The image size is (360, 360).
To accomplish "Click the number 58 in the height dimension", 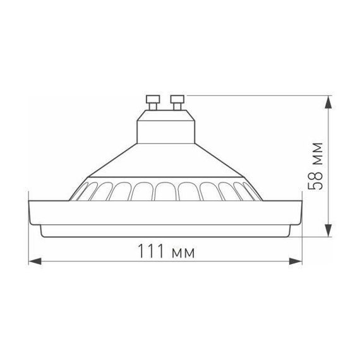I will (x=319, y=181).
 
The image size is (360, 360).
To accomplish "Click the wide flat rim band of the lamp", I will (x=165, y=213).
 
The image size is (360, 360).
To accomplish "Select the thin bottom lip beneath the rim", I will (x=165, y=232).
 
